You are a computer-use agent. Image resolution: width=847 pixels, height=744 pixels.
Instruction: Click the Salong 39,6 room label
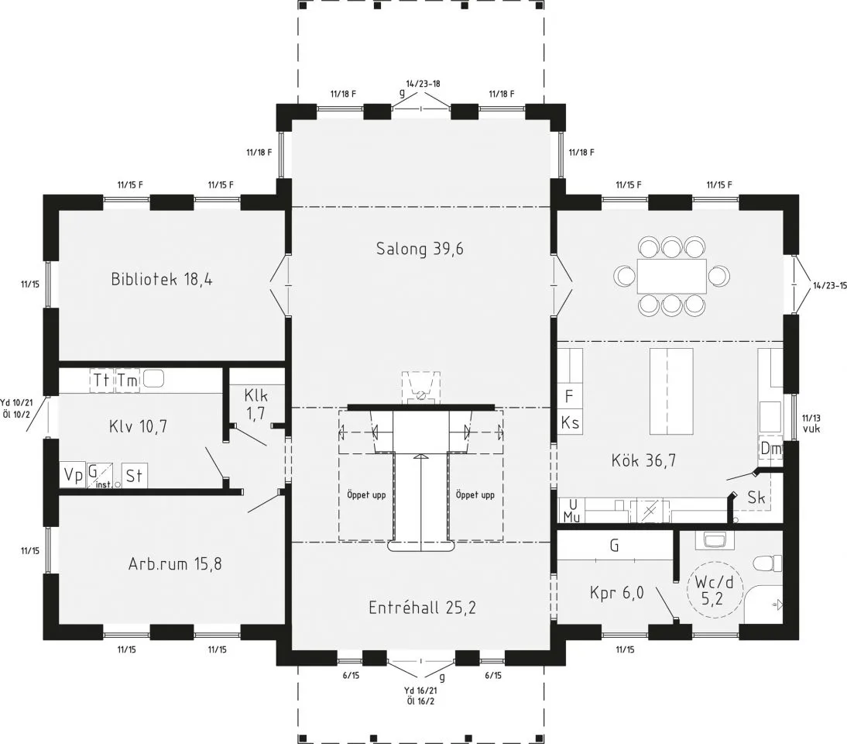tap(420, 249)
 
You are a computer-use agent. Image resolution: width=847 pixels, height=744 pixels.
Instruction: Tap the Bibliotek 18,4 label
tap(162, 279)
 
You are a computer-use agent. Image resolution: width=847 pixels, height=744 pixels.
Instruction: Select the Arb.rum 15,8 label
tap(175, 564)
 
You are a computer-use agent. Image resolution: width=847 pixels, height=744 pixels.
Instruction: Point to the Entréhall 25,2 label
tap(422, 607)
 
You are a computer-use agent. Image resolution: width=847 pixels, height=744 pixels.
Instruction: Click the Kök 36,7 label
tap(643, 460)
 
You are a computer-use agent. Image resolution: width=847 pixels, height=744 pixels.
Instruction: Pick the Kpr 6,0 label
tap(617, 593)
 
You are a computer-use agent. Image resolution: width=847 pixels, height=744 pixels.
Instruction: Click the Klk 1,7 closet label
tap(256, 403)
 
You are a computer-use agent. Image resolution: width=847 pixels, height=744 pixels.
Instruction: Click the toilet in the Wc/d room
tap(767, 563)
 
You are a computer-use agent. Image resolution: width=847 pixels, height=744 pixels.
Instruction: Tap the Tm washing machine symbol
tap(128, 380)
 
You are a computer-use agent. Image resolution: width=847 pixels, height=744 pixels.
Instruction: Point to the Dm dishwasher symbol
tap(771, 448)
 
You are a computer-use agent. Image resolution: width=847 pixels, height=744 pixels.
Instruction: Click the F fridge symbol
tap(569, 396)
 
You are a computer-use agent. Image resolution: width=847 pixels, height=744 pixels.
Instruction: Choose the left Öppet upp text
tap(366, 494)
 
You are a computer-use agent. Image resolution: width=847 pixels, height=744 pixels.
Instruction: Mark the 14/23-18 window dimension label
tap(423, 84)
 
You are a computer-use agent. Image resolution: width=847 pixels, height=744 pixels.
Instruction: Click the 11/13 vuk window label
tap(811, 423)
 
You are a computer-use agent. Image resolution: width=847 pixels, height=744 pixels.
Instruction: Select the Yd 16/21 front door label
tap(421, 691)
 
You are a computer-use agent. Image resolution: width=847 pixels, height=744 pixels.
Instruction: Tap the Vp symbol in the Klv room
tap(73, 475)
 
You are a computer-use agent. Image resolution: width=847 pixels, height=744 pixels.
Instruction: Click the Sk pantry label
tap(756, 498)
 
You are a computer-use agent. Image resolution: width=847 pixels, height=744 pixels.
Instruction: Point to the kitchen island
tap(671, 391)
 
